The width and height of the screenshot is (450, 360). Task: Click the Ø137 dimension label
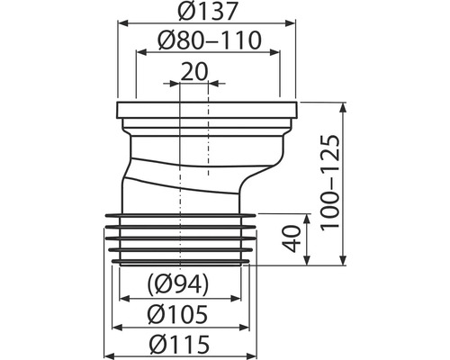click(208, 11)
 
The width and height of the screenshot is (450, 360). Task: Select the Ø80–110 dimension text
click(210, 40)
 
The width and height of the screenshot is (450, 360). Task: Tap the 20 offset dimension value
click(194, 72)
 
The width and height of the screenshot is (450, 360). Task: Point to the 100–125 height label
click(330, 184)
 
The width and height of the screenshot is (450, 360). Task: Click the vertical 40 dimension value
click(292, 239)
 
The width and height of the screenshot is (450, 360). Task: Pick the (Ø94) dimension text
click(177, 283)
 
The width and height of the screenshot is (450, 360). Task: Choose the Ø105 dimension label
click(177, 314)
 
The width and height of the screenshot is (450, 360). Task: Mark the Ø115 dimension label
click(179, 344)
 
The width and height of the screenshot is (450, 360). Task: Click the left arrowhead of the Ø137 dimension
click(122, 22)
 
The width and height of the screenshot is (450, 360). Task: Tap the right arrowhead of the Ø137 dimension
click(290, 22)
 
